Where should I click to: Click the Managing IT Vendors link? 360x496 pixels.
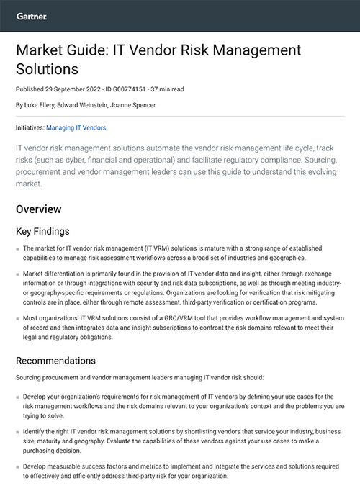(x=76, y=127)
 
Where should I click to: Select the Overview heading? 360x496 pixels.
(x=39, y=209)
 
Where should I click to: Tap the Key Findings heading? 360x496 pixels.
(x=42, y=232)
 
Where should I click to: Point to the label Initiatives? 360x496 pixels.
(x=30, y=127)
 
